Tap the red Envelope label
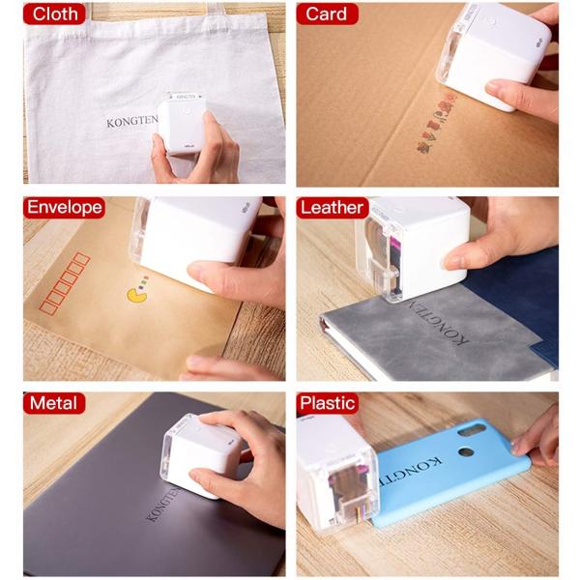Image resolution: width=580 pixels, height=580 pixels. (x=65, y=208)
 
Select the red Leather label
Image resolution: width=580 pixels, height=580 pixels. (x=333, y=208)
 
